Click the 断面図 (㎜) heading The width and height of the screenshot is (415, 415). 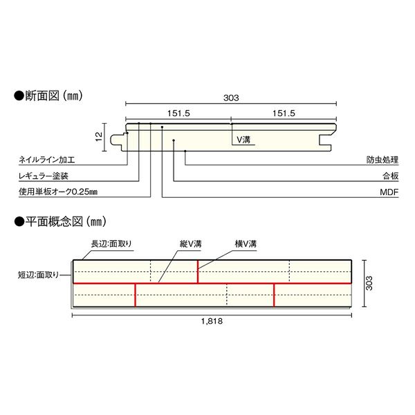(48, 96)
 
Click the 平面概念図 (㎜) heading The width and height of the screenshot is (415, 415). (60, 221)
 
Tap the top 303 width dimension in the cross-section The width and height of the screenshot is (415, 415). (231, 98)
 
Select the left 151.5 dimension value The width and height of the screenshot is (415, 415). (178, 113)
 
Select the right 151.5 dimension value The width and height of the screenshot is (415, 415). (284, 113)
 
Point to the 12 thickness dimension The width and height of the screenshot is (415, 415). (99, 136)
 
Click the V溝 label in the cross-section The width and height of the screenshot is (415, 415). (243, 140)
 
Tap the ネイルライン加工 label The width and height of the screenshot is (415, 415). (47, 160)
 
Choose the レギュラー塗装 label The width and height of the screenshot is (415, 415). (44, 176)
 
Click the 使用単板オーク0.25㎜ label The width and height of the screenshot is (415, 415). (58, 192)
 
